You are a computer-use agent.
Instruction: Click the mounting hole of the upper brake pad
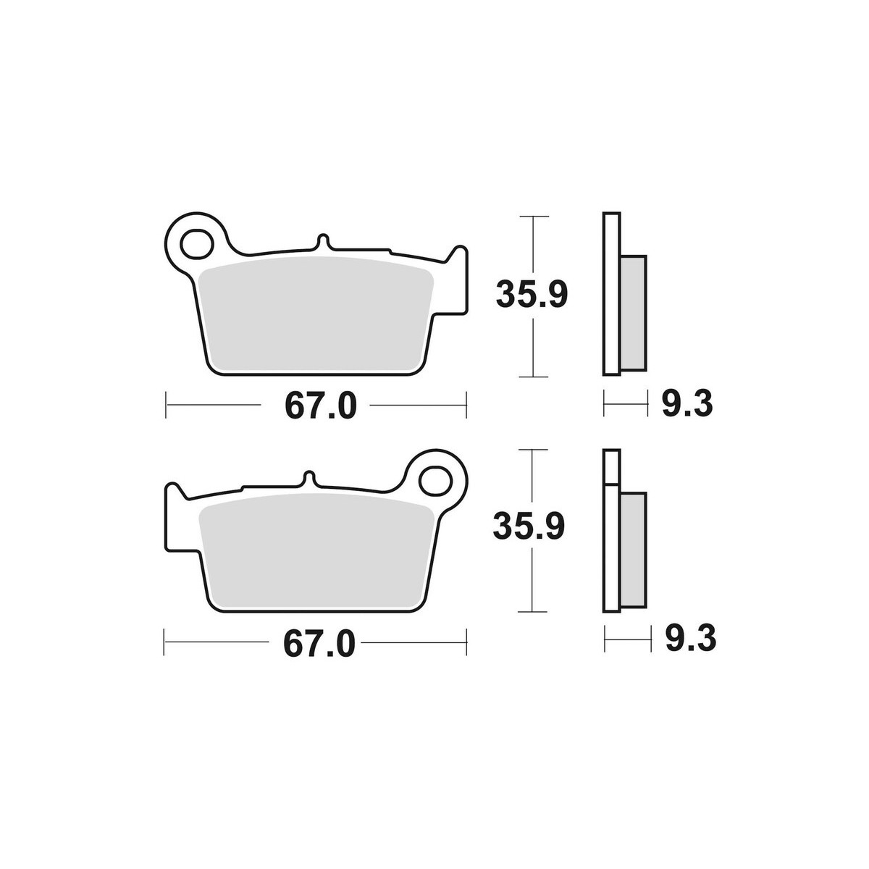tap(196, 244)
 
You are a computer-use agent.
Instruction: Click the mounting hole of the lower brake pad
tap(435, 481)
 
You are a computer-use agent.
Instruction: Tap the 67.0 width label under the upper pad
tap(321, 406)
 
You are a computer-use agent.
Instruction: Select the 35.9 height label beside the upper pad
tap(532, 295)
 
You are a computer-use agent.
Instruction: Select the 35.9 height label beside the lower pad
tap(529, 526)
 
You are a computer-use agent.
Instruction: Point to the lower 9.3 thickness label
tap(691, 638)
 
